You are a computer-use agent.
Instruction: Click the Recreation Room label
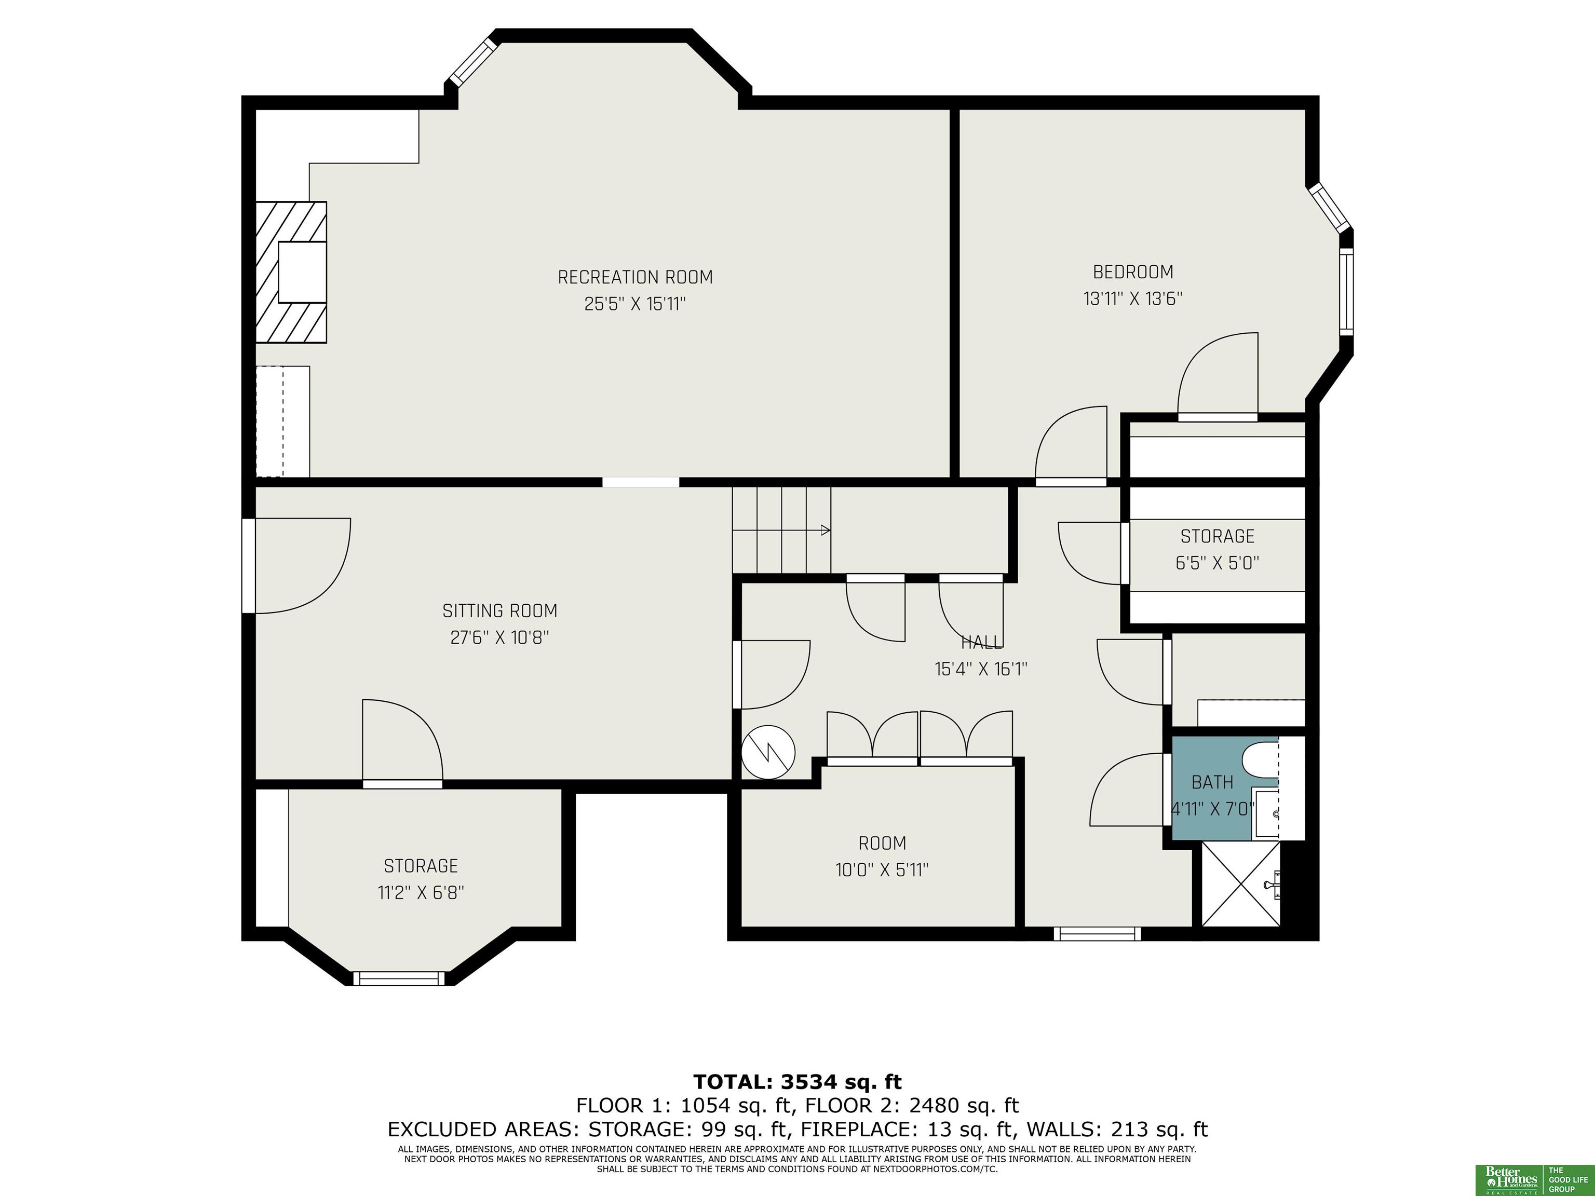[636, 277]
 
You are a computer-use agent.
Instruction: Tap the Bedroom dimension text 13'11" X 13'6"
[1133, 298]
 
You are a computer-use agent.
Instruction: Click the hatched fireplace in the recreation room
[291, 272]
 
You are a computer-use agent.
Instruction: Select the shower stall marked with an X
[1241, 884]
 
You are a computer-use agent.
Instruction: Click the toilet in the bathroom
[1261, 758]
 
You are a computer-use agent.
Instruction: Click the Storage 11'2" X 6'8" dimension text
[421, 892]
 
